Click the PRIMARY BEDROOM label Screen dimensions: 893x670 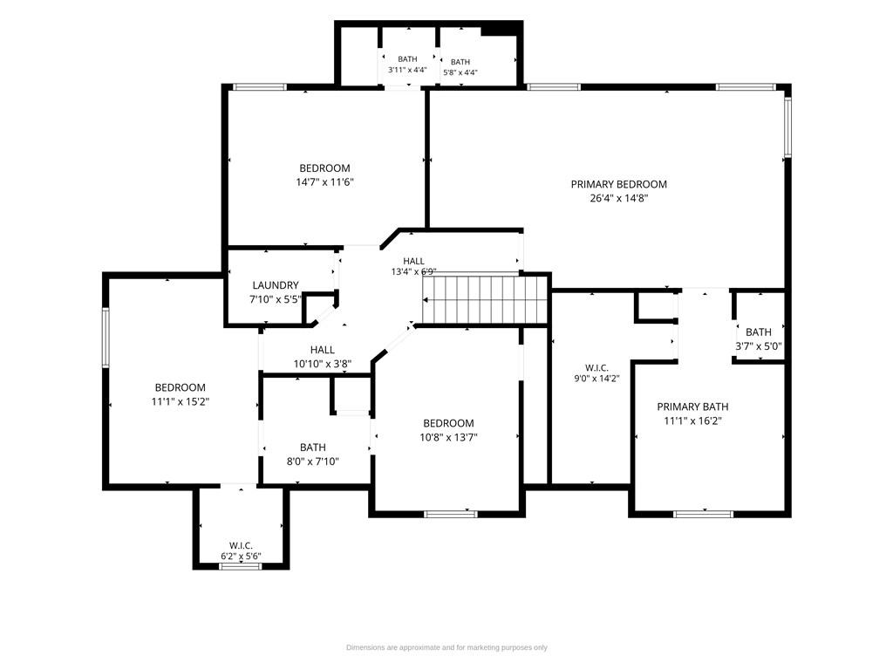[618, 184]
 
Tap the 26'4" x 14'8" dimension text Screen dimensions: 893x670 [618, 198]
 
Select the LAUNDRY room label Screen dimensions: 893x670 [275, 285]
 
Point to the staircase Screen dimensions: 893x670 [485, 300]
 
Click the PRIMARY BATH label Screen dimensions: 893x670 [692, 407]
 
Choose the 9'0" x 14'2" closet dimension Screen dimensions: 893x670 [596, 378]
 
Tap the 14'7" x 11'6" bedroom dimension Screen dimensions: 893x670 [324, 182]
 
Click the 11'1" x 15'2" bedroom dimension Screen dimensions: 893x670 [180, 401]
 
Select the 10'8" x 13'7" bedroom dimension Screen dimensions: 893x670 [448, 438]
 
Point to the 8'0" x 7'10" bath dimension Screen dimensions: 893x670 [313, 461]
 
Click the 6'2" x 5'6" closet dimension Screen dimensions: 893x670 [241, 556]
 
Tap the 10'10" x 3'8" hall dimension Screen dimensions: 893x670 [323, 364]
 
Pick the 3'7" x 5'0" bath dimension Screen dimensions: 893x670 [759, 345]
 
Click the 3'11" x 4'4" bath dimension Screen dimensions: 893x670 [407, 70]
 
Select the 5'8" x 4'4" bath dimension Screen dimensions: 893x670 [460, 72]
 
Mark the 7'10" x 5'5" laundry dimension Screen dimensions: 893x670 [275, 299]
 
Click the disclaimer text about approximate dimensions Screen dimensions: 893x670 [446, 647]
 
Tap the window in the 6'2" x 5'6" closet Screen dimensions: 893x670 [241, 566]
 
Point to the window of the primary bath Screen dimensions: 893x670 [703, 514]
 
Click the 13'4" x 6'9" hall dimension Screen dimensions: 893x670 [414, 272]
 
